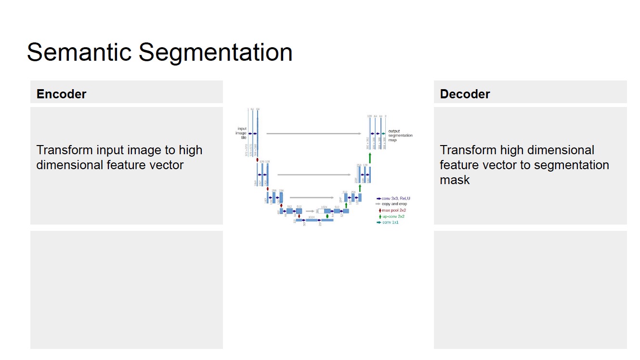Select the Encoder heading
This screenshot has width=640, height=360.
[x=61, y=94]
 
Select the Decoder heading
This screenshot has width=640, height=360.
[x=465, y=94]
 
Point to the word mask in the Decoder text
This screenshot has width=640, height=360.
[x=455, y=180]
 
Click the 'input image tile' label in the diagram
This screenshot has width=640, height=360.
[x=242, y=133]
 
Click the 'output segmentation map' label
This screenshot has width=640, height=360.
[x=400, y=135]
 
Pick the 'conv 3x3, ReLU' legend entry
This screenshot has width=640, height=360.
[x=396, y=198]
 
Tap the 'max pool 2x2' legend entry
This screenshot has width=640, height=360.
[x=393, y=211]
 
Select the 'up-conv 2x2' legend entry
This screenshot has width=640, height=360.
[x=393, y=216]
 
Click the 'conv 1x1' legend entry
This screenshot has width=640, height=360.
[x=390, y=222]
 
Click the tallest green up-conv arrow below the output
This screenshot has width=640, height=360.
[x=370, y=158]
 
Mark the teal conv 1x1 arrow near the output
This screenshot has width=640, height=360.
[x=383, y=133]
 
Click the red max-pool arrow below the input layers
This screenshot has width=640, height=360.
[x=258, y=160]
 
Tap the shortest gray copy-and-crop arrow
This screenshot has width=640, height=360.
[x=310, y=211]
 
